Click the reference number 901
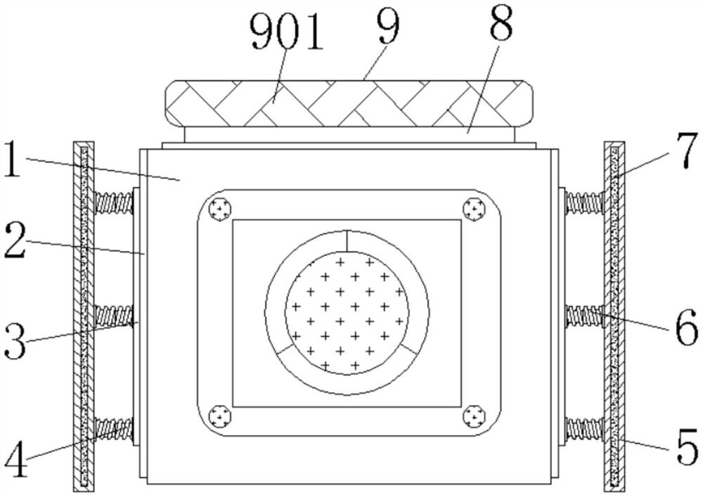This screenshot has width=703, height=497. (x=287, y=32)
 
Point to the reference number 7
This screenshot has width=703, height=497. (x=685, y=150)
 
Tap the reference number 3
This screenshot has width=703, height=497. (x=15, y=341)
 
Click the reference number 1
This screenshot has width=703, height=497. (x=13, y=159)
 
